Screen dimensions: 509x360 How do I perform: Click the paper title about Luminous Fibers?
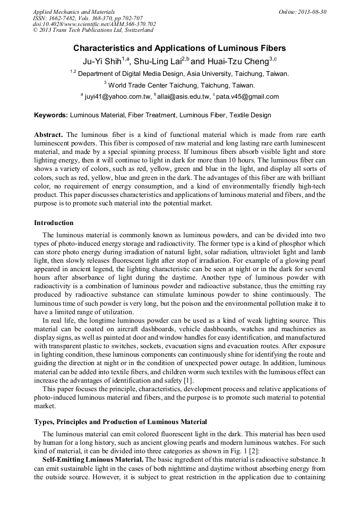pyautogui.click(x=179, y=48)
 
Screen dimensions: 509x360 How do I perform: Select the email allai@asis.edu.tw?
pyautogui.click(x=183, y=97)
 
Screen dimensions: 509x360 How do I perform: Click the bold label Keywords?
pyautogui.click(x=51, y=115)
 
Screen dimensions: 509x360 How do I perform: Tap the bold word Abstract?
pyautogui.click(x=48, y=135)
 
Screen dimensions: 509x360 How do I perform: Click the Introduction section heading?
pyautogui.click(x=54, y=223)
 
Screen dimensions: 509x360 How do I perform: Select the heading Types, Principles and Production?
pyautogui.click(x=121, y=422)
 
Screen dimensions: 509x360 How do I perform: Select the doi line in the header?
pyautogui.click(x=94, y=24)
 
